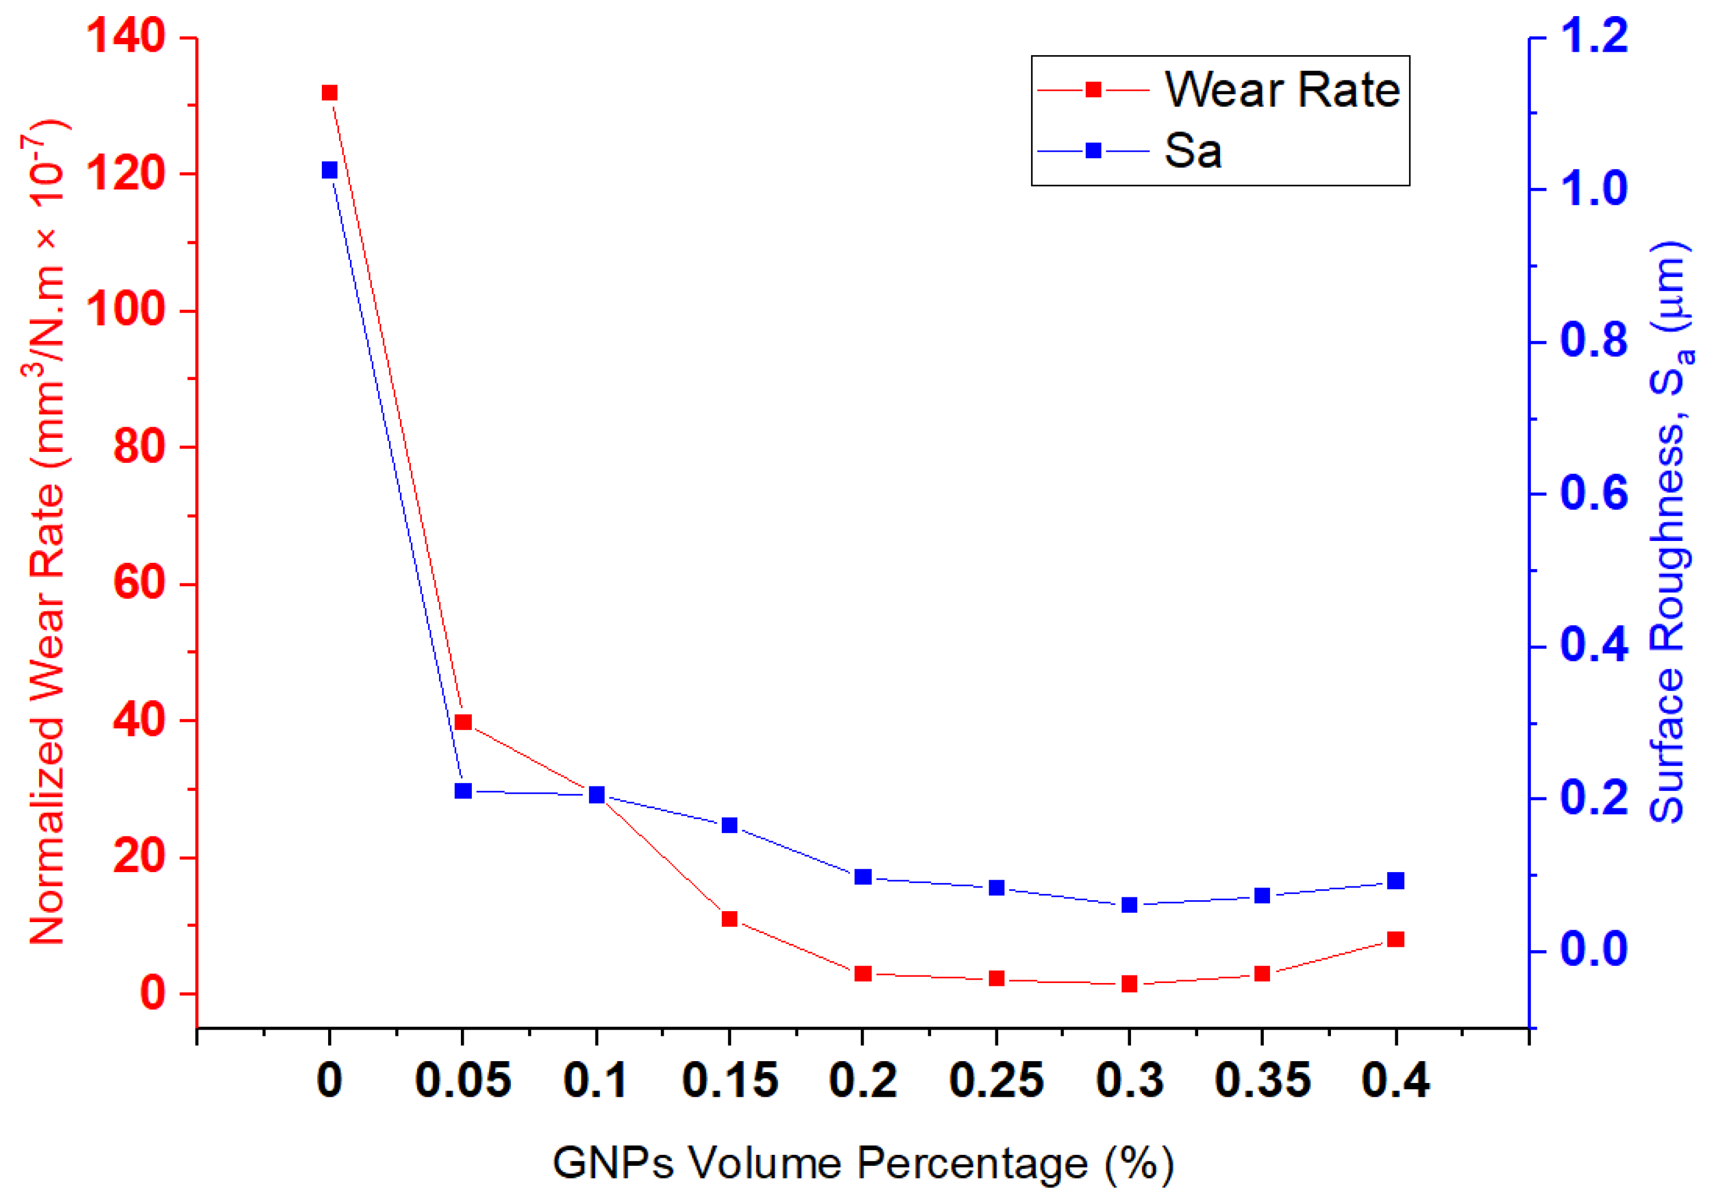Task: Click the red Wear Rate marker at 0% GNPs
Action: (329, 93)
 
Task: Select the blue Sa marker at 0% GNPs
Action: (329, 171)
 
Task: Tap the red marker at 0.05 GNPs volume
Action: (463, 722)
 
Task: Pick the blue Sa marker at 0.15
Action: (729, 825)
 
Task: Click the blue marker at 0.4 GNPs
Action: (1396, 881)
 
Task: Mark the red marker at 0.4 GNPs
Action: (1396, 939)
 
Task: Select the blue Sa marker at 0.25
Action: (996, 888)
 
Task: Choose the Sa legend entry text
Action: (1193, 151)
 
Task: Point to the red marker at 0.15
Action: (729, 919)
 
